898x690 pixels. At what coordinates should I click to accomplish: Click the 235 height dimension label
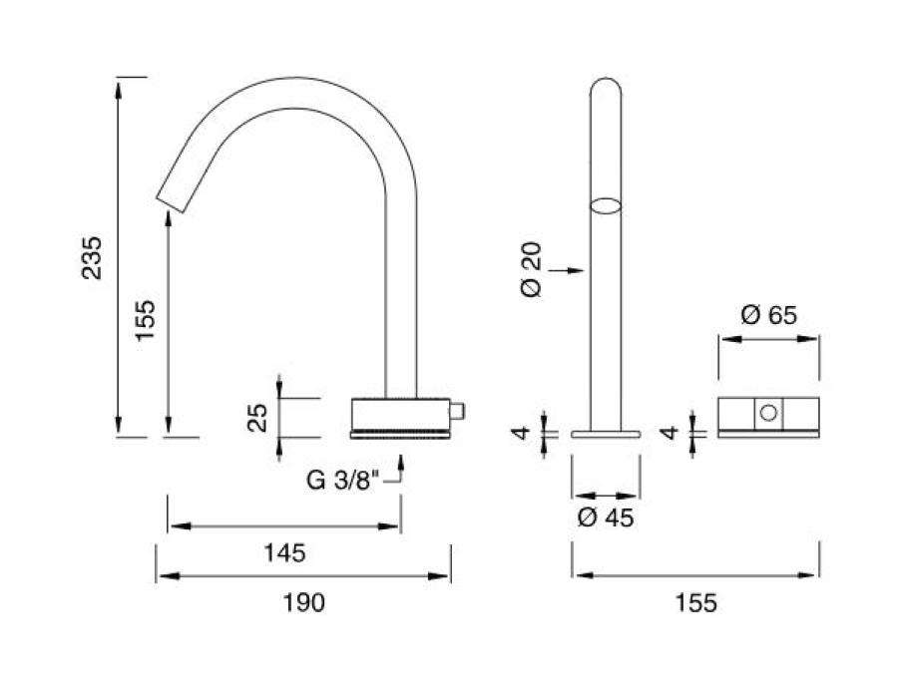[92, 257]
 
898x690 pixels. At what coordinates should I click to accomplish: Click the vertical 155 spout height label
[146, 320]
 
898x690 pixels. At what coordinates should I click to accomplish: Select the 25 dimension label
[257, 418]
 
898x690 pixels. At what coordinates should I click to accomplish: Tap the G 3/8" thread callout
[342, 480]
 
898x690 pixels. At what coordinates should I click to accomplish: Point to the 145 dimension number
[284, 552]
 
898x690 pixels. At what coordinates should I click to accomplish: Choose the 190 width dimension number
[304, 602]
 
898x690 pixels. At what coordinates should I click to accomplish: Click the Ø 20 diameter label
[532, 269]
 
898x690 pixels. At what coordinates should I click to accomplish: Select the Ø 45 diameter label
[606, 517]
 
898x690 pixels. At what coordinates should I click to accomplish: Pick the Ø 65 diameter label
[768, 315]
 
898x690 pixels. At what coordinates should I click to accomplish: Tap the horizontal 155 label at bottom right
[695, 602]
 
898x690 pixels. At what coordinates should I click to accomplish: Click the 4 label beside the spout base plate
[521, 433]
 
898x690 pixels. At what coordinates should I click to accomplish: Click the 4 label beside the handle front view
[669, 433]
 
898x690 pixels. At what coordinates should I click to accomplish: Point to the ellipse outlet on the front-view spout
[606, 206]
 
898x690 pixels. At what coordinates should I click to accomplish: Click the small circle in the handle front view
[768, 412]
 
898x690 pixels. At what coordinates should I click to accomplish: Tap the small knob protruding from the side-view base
[457, 412]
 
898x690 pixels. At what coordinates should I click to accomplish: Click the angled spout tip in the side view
[171, 204]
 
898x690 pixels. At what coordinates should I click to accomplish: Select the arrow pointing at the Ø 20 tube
[566, 270]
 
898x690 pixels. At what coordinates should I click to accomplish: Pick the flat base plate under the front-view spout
[606, 435]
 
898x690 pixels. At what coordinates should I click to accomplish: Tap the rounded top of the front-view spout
[606, 80]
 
